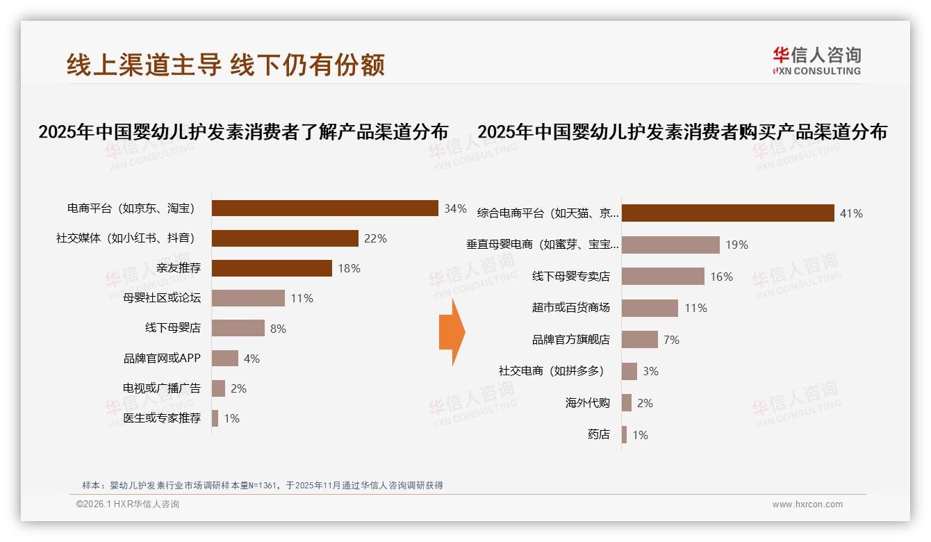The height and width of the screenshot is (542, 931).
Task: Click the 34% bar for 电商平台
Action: pos(324,208)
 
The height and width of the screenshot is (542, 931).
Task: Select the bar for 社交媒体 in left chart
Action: pos(285,238)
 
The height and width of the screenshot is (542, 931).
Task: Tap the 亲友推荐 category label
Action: pos(178,268)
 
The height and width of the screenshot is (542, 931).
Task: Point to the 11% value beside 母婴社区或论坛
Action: pos(302,299)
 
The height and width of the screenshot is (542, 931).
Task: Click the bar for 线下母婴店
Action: pos(238,328)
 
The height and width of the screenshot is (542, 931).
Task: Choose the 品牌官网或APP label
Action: pos(162,359)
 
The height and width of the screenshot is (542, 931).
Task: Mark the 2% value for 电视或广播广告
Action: pos(238,388)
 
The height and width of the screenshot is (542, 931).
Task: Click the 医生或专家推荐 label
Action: pos(162,418)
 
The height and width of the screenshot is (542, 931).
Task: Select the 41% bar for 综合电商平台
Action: pos(727,213)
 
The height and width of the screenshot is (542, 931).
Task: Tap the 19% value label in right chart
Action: pos(736,245)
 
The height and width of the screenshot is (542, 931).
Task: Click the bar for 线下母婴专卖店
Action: pos(663,277)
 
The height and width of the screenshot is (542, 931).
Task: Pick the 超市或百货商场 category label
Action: pos(570,308)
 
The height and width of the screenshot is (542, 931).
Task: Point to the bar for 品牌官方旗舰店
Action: pos(640,340)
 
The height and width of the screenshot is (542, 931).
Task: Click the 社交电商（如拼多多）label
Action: pos(552,371)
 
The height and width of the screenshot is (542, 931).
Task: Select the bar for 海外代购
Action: pos(627,403)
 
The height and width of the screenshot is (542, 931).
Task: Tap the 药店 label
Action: pos(598,435)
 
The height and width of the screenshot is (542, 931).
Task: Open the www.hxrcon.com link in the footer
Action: pos(807,504)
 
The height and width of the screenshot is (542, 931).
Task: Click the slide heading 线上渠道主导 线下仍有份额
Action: pos(226,65)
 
